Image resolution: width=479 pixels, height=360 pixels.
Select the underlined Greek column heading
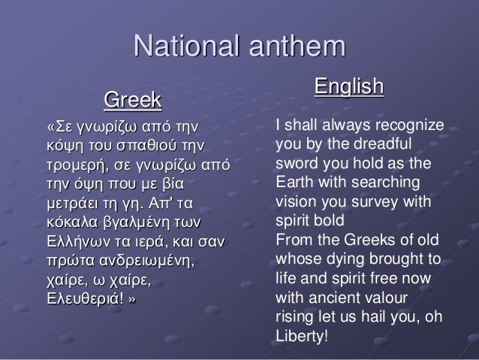132,98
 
